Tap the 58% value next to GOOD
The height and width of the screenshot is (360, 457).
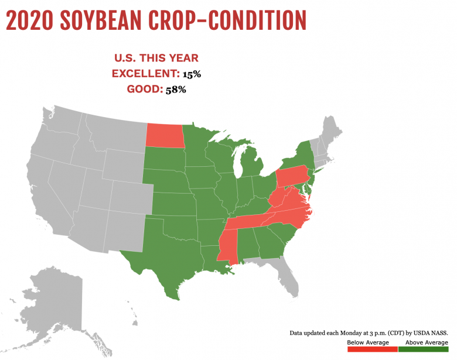pyautogui.click(x=175, y=90)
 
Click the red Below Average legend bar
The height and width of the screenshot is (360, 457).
pyautogui.click(x=372, y=349)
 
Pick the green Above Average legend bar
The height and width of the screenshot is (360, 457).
pyautogui.click(x=424, y=349)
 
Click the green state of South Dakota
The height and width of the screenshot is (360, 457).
pyautogui.click(x=164, y=159)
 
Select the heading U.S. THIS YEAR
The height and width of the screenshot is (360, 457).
pyautogui.click(x=155, y=58)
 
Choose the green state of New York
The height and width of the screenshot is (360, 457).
pyautogui.click(x=296, y=158)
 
